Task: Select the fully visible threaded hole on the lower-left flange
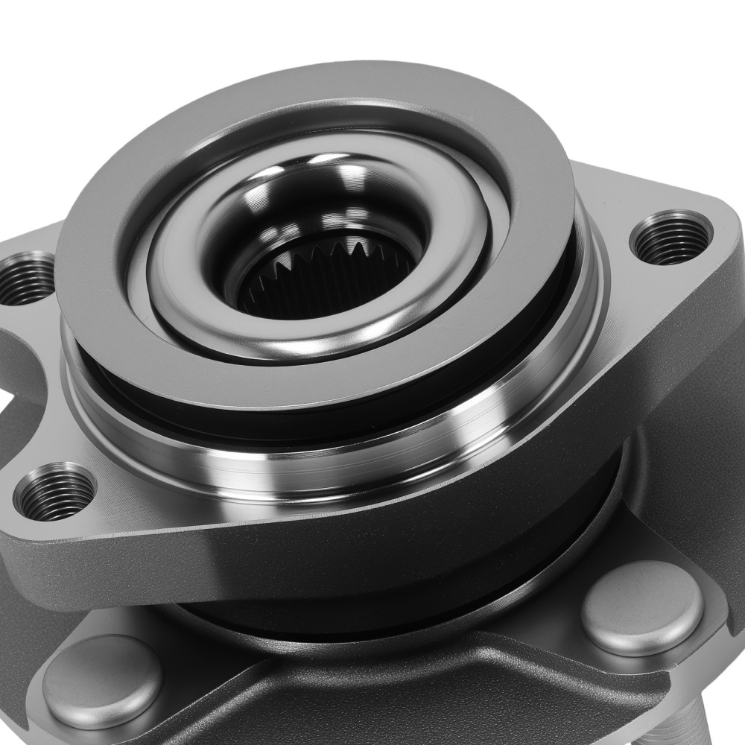[55, 492]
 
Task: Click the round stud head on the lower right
[642, 606]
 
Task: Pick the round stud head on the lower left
[102, 682]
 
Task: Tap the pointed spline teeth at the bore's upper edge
[328, 246]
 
